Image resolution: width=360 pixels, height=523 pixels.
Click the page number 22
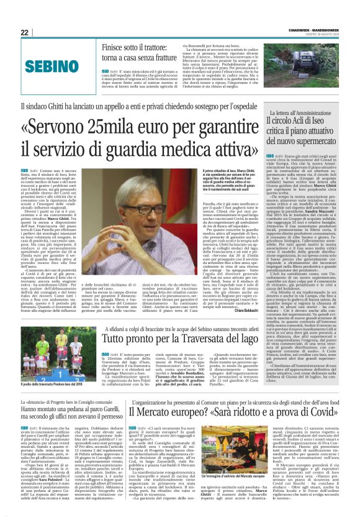pos(24,32)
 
